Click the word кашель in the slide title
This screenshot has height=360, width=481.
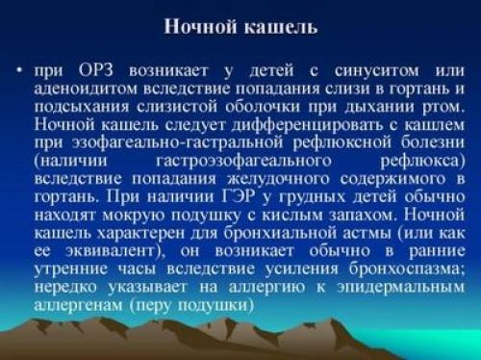pyautogui.click(x=279, y=26)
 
